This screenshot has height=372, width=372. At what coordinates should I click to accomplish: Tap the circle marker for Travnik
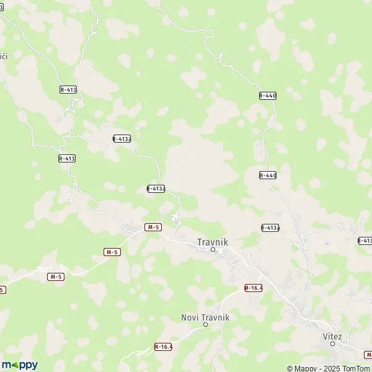[x=213, y=250]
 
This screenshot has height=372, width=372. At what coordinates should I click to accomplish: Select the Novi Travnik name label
[x=205, y=317]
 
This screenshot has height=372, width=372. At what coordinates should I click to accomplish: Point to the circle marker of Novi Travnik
[x=205, y=324]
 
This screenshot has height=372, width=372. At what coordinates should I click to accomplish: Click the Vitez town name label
[x=332, y=336]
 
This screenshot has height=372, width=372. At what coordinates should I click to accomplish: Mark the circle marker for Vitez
[x=332, y=343]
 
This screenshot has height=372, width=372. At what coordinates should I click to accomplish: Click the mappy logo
[x=19, y=365]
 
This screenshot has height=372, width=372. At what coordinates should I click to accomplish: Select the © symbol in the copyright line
[x=290, y=368]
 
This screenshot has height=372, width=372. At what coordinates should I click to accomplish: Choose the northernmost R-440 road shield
[x=267, y=95]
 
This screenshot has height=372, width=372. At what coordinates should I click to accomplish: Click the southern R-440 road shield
[x=267, y=175]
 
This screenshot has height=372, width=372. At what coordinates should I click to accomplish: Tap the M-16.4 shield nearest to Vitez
[x=253, y=288]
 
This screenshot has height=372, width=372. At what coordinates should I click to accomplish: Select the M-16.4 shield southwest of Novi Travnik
[x=162, y=347]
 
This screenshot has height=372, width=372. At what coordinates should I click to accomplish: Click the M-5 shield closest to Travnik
[x=153, y=228]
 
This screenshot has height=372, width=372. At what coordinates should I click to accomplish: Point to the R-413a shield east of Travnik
[x=270, y=228]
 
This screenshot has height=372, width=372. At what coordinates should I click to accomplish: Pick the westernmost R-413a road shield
[x=122, y=139]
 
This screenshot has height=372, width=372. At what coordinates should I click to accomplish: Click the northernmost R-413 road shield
[x=68, y=90]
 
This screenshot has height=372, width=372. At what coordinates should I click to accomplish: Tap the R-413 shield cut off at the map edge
[x=365, y=240]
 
